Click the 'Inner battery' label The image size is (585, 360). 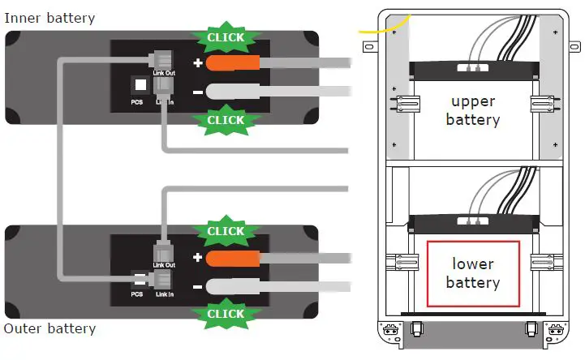49,18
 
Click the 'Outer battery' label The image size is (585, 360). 50,328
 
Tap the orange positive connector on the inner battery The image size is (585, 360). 232,62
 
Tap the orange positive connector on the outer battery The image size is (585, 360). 232,258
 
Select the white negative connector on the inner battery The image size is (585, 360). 232,92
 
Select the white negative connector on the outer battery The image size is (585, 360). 232,285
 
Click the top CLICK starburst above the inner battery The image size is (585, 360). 226,37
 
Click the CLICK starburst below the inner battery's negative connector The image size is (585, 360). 226,120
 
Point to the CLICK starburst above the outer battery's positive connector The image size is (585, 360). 226,231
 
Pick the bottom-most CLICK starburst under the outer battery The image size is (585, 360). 226,314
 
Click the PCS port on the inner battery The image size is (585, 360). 138,85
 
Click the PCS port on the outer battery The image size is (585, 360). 138,279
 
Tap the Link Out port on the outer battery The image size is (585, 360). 163,252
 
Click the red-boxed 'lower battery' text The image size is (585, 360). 472,273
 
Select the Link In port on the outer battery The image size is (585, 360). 161,281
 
